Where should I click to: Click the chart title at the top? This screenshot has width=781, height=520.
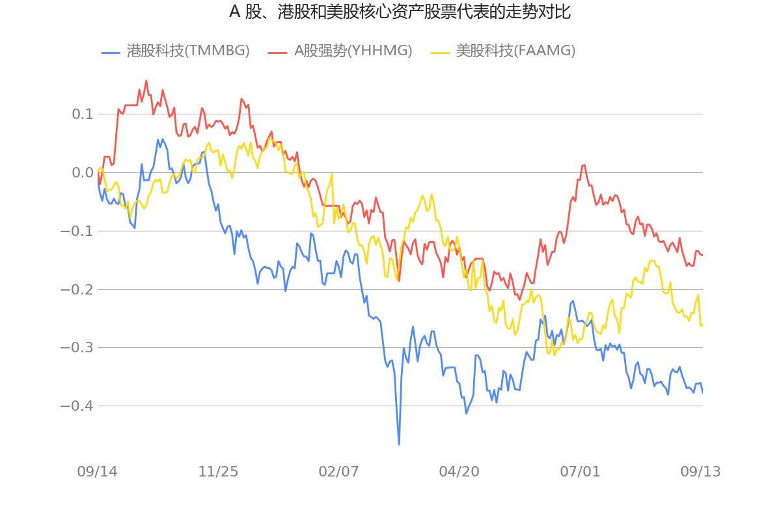[400, 12]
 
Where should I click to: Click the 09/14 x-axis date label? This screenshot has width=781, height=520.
[98, 472]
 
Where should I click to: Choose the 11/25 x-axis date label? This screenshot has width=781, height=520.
[218, 472]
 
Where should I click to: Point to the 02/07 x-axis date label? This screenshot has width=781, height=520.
[338, 472]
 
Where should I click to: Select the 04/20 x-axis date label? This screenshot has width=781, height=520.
[459, 472]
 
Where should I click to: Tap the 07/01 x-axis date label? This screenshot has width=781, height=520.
[580, 472]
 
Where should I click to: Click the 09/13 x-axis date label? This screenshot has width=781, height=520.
[700, 472]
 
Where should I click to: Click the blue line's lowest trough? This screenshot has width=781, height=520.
[399, 445]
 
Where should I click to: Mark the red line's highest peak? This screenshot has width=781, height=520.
[146, 81]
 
